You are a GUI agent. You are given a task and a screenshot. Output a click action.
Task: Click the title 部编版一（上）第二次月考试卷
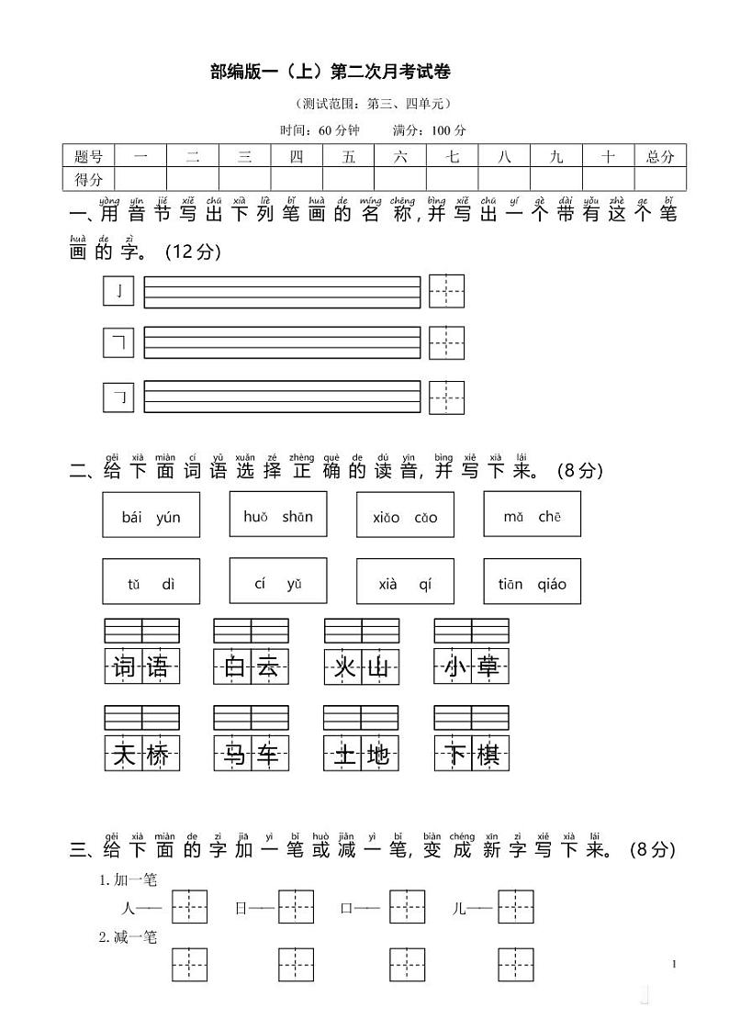click(331, 72)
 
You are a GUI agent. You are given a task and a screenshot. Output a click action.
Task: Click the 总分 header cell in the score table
click(659, 156)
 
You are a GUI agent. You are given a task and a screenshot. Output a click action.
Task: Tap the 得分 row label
click(88, 178)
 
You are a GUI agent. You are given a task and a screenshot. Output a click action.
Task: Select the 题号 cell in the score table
click(88, 156)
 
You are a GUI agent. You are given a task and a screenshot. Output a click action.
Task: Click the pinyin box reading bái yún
click(151, 516)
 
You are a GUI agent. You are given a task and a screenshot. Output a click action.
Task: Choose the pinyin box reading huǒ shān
click(278, 515)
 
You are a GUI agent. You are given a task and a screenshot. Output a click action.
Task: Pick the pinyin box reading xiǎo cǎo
click(405, 516)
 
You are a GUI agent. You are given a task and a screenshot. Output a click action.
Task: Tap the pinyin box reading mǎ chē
click(532, 515)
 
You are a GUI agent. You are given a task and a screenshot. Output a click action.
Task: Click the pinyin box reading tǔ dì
click(151, 582)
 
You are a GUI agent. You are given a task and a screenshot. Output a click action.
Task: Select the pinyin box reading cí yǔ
click(278, 581)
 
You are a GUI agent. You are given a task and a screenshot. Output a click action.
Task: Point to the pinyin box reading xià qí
click(405, 582)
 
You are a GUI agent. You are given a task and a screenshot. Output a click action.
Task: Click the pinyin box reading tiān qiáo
click(532, 582)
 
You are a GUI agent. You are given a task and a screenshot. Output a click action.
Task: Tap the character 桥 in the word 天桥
click(160, 755)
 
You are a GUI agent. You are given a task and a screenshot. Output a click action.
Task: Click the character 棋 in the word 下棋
click(489, 755)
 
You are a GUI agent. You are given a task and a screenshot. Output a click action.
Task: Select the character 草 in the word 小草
click(489, 666)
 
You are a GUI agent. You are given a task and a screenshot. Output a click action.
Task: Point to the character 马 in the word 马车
click(233, 755)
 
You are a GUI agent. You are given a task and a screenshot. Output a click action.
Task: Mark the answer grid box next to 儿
click(516, 907)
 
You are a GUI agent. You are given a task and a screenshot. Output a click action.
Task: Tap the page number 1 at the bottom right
click(673, 964)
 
